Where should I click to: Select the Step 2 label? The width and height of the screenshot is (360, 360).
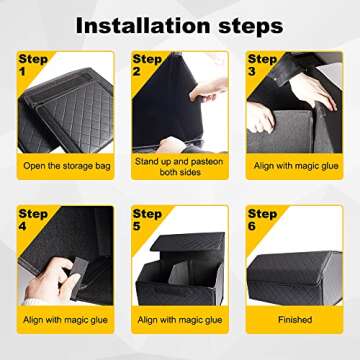pos(147,67)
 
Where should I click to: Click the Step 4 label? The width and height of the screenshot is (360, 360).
pos(31,221)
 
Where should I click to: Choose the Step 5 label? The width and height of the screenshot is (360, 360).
pos(147,221)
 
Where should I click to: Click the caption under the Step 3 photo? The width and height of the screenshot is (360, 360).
pos(294,165)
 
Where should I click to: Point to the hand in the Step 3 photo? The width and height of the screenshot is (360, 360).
pos(316,90)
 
